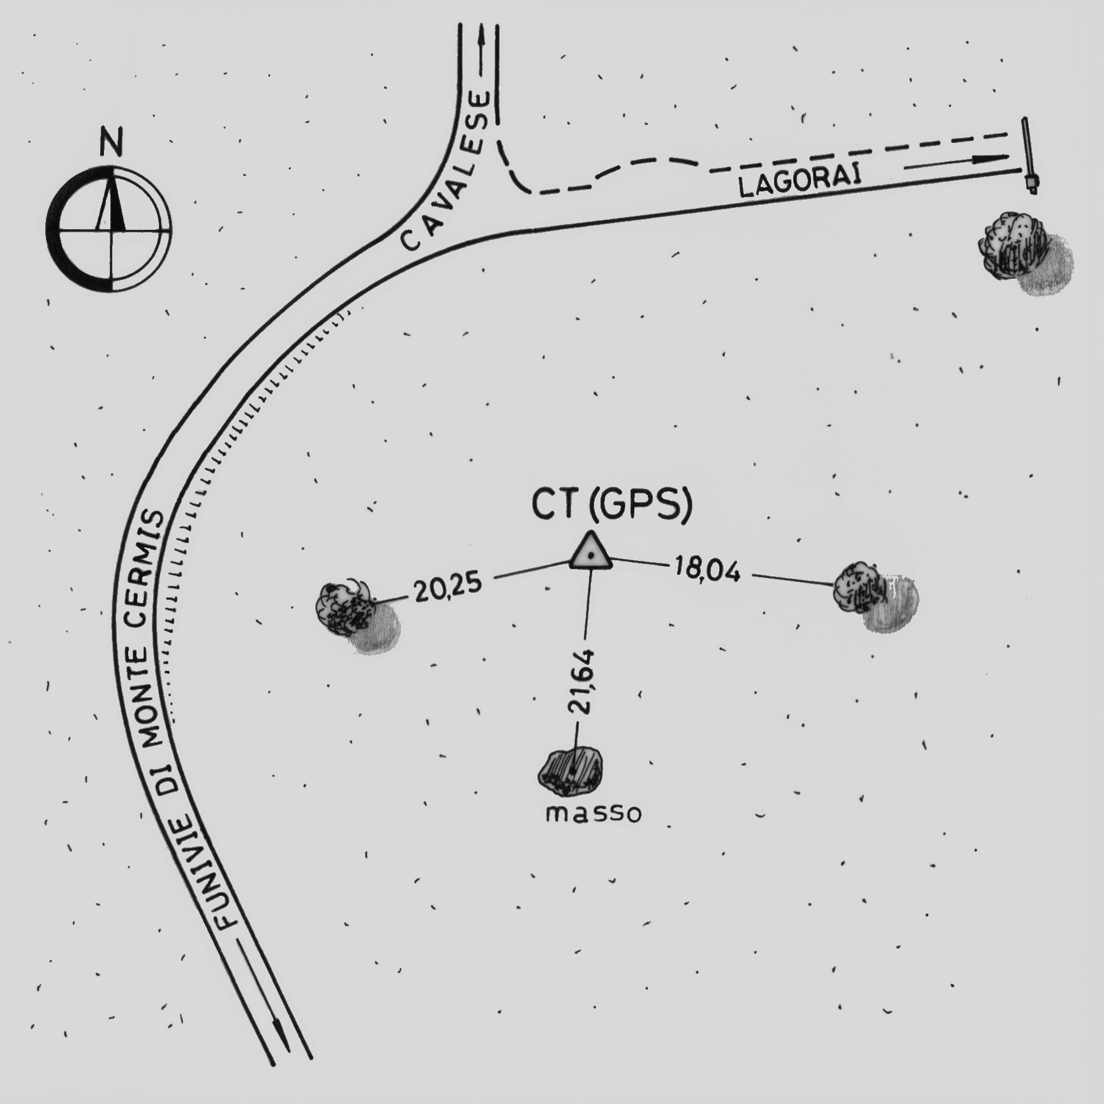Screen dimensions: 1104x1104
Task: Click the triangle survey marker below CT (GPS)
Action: (591, 551)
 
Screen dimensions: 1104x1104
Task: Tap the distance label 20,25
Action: (448, 587)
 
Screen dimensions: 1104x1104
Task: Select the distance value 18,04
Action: (708, 568)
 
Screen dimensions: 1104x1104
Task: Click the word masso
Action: (593, 814)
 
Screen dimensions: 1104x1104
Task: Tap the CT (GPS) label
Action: (612, 505)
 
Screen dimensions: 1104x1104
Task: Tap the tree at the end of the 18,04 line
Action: (875, 595)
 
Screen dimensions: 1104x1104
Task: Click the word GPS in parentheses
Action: (640, 505)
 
